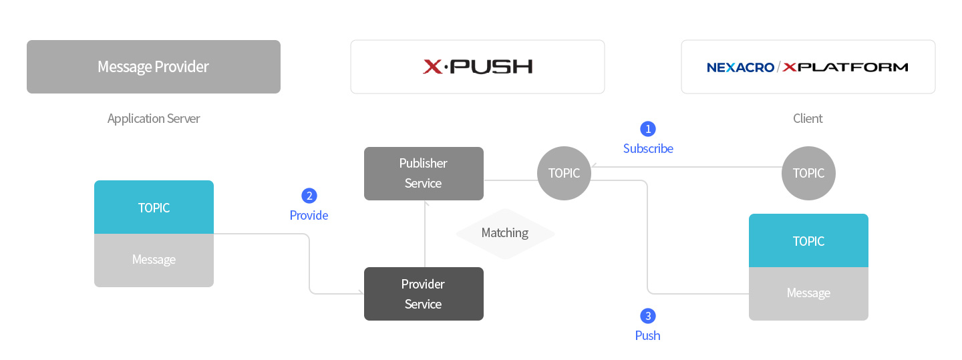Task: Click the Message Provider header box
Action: [x=154, y=67]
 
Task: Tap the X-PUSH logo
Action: [x=478, y=67]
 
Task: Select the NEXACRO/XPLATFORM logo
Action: [x=808, y=67]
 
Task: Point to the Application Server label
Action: [x=154, y=119]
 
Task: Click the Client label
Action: [x=808, y=119]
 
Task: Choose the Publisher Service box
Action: [x=424, y=174]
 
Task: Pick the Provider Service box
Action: [x=424, y=294]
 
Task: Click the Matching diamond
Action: [x=505, y=233]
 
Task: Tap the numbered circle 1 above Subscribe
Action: [x=648, y=128]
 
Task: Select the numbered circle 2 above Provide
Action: [x=309, y=196]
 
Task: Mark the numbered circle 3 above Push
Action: [x=647, y=316]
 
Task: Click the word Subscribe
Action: [x=648, y=149]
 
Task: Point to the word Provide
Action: [x=309, y=216]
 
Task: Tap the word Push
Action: [x=647, y=336]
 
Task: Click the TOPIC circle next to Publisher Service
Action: [x=565, y=174]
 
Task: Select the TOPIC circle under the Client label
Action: [x=808, y=174]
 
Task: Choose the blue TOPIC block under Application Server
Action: [x=154, y=208]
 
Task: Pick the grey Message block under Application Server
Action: [x=154, y=260]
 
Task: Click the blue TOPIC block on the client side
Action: [x=808, y=241]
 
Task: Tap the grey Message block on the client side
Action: [x=808, y=294]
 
